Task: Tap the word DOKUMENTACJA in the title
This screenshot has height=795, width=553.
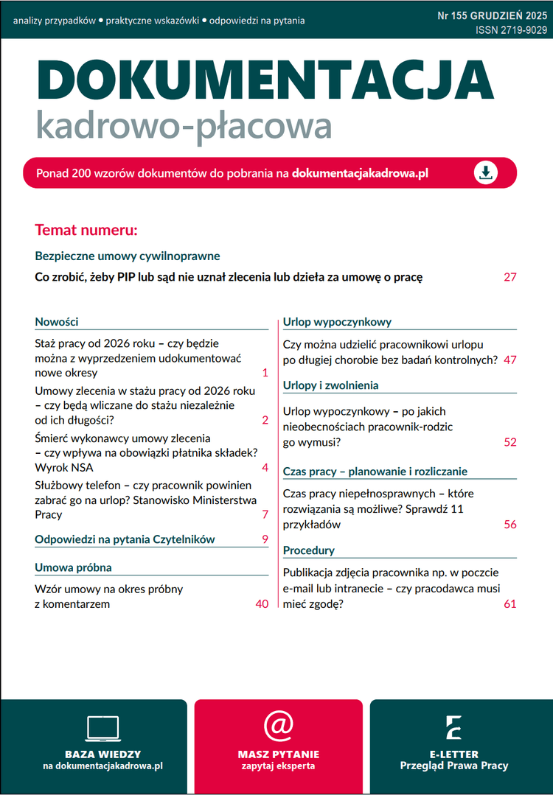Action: [x=264, y=77]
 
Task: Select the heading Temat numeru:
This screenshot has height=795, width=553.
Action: [x=86, y=230]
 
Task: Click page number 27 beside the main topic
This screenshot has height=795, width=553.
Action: [x=510, y=278]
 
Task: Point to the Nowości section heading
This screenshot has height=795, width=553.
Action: [x=57, y=322]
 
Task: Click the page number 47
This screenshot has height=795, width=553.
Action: [x=510, y=360]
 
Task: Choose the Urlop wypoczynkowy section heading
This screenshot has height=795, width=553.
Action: [x=337, y=322]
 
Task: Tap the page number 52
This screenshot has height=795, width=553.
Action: [x=510, y=443]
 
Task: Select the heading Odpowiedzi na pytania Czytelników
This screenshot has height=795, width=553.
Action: [x=125, y=539]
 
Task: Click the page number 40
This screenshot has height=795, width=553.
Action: [x=261, y=604]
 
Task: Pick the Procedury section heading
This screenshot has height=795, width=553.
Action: [x=308, y=550]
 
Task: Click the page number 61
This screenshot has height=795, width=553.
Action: [x=510, y=604]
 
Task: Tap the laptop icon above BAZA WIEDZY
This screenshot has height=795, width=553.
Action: [x=102, y=729]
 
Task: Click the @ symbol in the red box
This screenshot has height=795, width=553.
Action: [x=279, y=726]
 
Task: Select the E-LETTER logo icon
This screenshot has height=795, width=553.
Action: [x=453, y=727]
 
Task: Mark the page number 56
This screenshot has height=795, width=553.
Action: [x=510, y=525]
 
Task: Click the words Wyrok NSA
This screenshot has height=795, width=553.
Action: [x=64, y=467]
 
